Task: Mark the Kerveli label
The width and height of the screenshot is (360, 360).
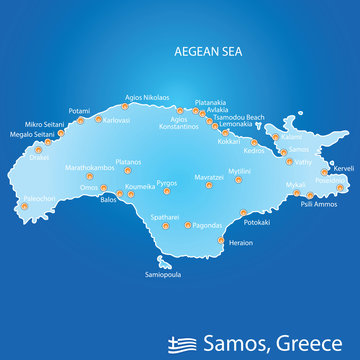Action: click(344, 168)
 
